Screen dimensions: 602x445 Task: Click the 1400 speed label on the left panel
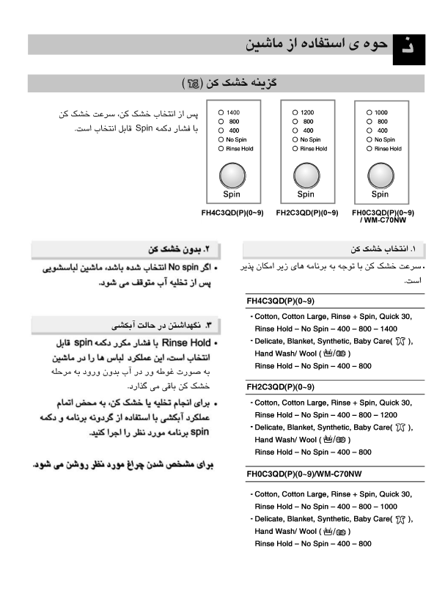[x=234, y=112]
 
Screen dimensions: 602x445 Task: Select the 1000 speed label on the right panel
[x=381, y=112]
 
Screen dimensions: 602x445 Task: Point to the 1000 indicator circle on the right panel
[x=368, y=112]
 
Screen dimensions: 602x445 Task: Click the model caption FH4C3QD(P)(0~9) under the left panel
[x=232, y=213]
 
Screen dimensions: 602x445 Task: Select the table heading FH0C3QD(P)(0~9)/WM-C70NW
[x=304, y=474]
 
